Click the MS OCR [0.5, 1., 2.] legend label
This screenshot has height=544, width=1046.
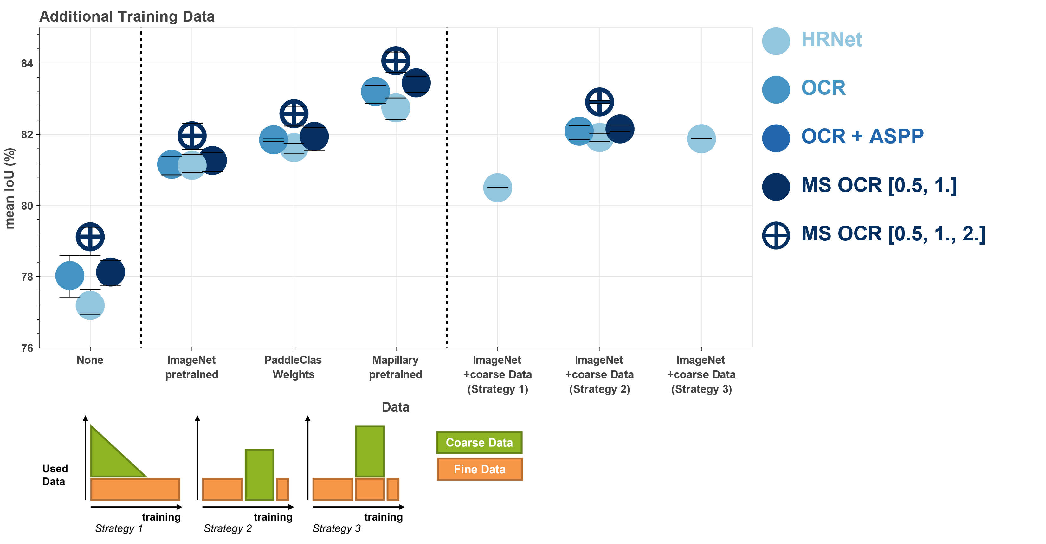click(893, 234)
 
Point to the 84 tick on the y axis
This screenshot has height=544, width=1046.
click(27, 63)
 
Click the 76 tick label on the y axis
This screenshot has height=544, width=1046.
click(27, 348)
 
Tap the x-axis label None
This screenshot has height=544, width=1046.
click(90, 360)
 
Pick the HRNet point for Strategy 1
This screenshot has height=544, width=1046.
click(497, 188)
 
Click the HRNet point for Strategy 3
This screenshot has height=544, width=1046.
click(701, 139)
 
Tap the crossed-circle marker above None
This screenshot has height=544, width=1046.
click(90, 237)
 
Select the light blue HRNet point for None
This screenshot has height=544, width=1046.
click(90, 305)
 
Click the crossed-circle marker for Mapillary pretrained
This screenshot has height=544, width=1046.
click(396, 61)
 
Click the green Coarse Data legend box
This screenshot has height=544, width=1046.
click(479, 443)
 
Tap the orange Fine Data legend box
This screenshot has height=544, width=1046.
click(479, 469)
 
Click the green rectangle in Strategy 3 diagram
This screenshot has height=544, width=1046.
click(370, 451)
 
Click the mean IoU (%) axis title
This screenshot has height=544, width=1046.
click(10, 189)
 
